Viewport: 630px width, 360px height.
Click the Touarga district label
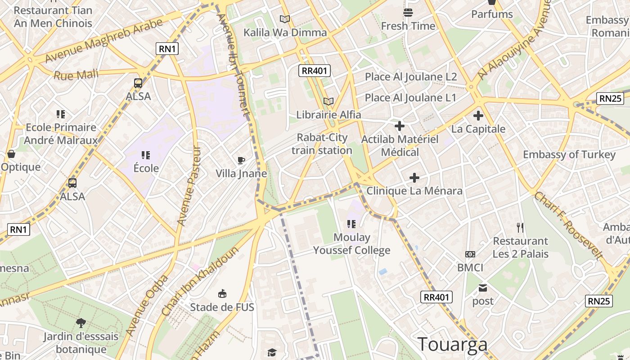(x=452, y=344)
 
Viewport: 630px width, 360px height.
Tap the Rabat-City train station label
(x=322, y=144)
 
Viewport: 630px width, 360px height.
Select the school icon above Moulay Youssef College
(x=351, y=224)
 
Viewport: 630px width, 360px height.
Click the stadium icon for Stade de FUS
(x=222, y=294)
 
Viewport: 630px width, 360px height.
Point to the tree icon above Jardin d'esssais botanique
(x=81, y=322)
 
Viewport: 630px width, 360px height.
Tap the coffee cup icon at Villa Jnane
(x=241, y=160)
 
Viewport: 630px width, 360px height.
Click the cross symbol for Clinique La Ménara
(x=414, y=178)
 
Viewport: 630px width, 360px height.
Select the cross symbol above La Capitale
(x=478, y=116)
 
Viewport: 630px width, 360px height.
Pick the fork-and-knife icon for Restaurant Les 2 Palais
(x=520, y=227)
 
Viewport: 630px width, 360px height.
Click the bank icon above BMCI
(x=470, y=254)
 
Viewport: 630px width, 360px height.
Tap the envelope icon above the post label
(x=483, y=288)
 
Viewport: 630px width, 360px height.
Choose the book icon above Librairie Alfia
(x=328, y=101)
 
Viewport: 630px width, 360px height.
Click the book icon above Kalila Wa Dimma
(x=285, y=19)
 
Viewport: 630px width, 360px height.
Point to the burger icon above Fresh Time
(x=408, y=12)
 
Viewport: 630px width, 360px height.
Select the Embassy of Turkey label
(x=569, y=155)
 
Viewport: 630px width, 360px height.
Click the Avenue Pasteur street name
(x=189, y=185)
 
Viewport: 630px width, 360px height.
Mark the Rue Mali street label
(x=76, y=75)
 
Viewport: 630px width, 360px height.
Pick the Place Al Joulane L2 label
(x=411, y=77)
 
